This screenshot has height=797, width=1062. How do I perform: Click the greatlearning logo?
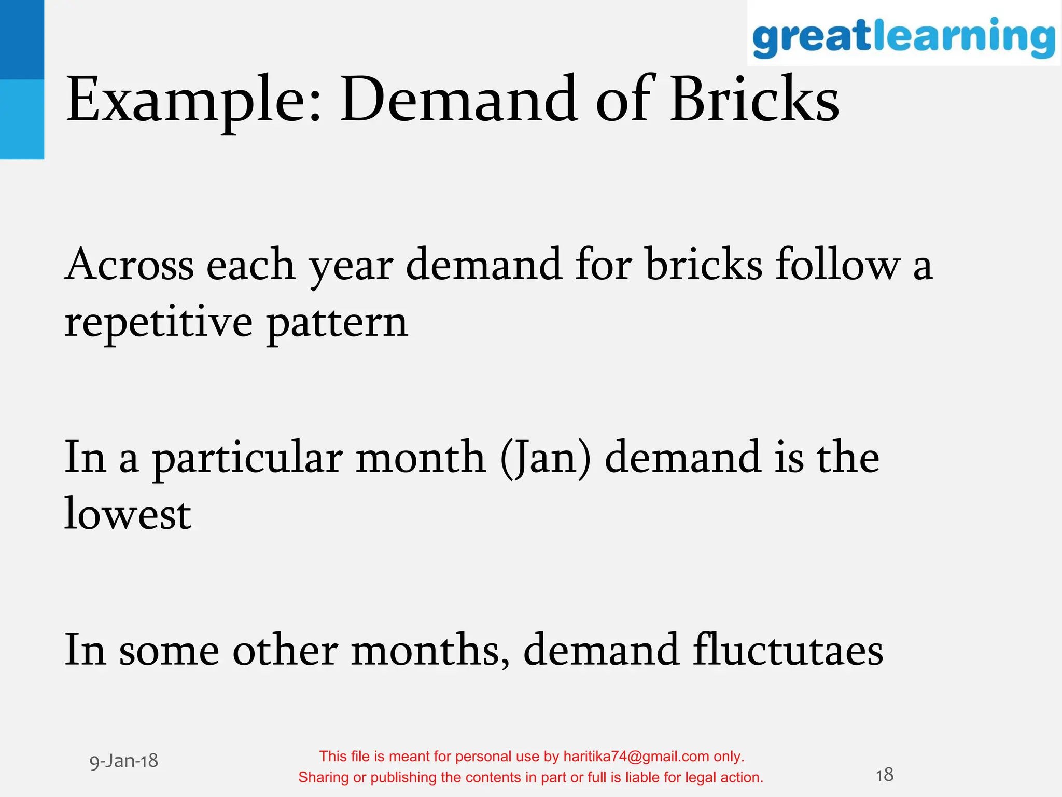click(903, 36)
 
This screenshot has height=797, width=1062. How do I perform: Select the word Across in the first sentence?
click(129, 265)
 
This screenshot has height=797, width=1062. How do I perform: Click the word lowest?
click(128, 514)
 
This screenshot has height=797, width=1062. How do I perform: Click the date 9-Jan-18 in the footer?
click(124, 761)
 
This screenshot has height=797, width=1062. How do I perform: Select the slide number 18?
click(884, 775)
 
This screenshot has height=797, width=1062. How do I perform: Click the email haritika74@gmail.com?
click(636, 757)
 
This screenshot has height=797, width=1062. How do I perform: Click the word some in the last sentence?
click(169, 651)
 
